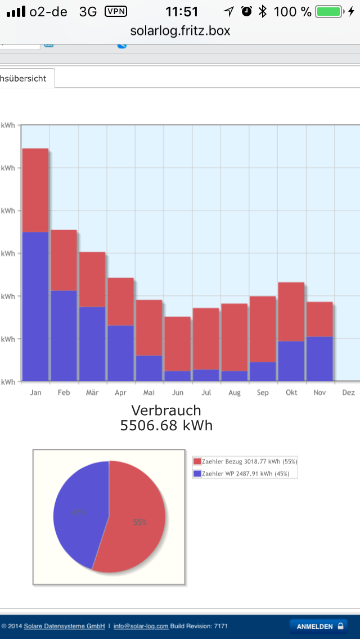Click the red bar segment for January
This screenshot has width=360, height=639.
[x=35, y=190]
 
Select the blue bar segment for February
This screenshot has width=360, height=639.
[x=64, y=336]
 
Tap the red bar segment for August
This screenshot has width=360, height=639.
[x=234, y=337]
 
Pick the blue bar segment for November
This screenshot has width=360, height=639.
[x=319, y=359]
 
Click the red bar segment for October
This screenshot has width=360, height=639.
[x=291, y=312]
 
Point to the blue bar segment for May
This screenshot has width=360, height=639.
[x=149, y=368]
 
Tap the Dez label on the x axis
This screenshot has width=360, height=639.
[x=348, y=393]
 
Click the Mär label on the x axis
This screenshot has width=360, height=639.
[x=92, y=393]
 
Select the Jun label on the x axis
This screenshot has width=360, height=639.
[x=177, y=393]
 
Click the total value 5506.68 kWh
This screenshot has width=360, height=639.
[x=166, y=425]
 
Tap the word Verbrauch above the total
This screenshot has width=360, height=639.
[x=166, y=410]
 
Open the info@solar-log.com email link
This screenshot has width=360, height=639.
[x=141, y=626]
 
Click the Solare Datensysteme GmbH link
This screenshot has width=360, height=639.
[x=64, y=626]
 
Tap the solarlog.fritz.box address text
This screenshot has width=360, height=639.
[x=180, y=30]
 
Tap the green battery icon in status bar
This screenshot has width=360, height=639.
[x=329, y=11]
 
